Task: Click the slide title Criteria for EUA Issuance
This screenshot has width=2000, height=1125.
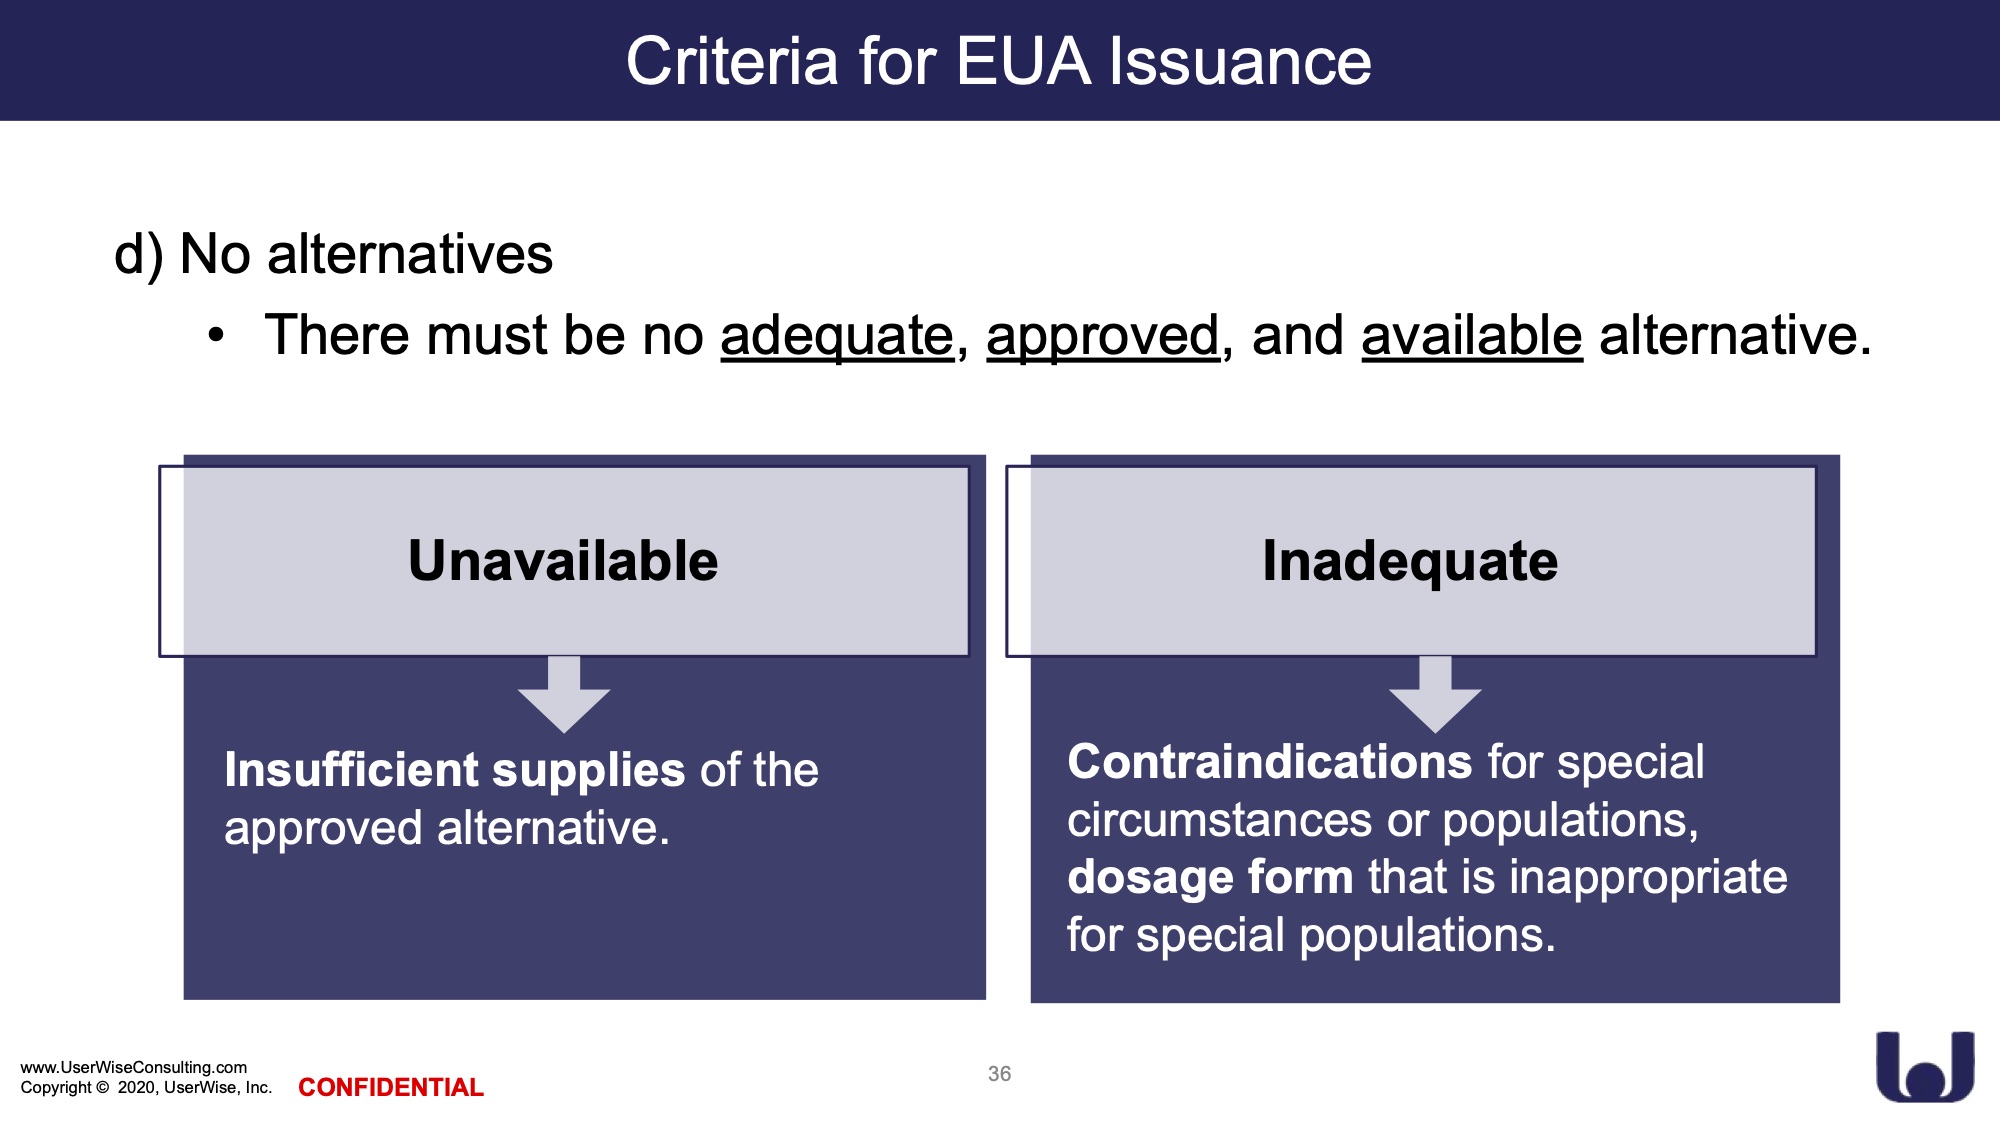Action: click(999, 61)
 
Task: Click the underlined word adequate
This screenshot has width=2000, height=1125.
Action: click(837, 336)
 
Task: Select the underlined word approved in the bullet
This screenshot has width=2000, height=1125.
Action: click(1103, 336)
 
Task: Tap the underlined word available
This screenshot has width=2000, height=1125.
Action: click(1472, 335)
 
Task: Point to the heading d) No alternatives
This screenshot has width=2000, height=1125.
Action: click(333, 254)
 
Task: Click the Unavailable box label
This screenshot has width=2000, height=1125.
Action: click(563, 560)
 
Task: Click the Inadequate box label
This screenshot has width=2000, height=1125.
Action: click(1410, 561)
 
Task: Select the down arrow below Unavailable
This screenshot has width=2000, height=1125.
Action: click(564, 694)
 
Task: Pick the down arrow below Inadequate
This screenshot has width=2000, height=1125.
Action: click(1435, 694)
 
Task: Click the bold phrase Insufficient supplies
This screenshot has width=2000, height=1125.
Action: click(455, 770)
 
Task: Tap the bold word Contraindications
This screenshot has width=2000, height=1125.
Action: click(1270, 762)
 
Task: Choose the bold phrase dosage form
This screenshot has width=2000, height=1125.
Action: click(1210, 878)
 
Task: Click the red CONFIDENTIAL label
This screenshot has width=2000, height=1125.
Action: click(391, 1087)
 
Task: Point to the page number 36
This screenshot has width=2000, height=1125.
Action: click(999, 1074)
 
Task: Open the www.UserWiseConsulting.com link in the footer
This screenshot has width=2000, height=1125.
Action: click(134, 1067)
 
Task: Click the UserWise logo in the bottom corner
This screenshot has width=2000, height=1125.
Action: click(1925, 1067)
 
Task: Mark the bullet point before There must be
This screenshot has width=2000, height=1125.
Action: click(216, 337)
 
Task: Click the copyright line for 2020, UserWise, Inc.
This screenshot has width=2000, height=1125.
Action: click(146, 1087)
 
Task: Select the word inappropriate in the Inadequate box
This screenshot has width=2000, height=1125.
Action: click(1648, 878)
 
